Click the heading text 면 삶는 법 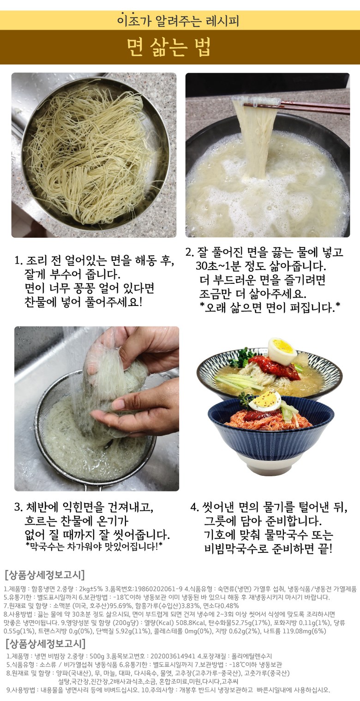click(169, 47)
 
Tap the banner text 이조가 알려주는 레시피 click(178, 21)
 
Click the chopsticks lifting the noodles click(294, 107)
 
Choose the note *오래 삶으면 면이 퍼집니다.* click(270, 308)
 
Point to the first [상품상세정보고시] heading click(45, 575)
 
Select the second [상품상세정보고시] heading click(45, 644)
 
